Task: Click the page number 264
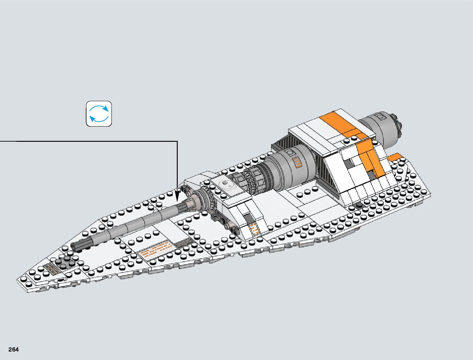click(x=14, y=349)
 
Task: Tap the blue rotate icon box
click(x=99, y=114)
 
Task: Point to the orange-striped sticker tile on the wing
click(x=157, y=249)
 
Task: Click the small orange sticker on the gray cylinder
click(x=298, y=162)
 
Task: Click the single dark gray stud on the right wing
click(x=359, y=205)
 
